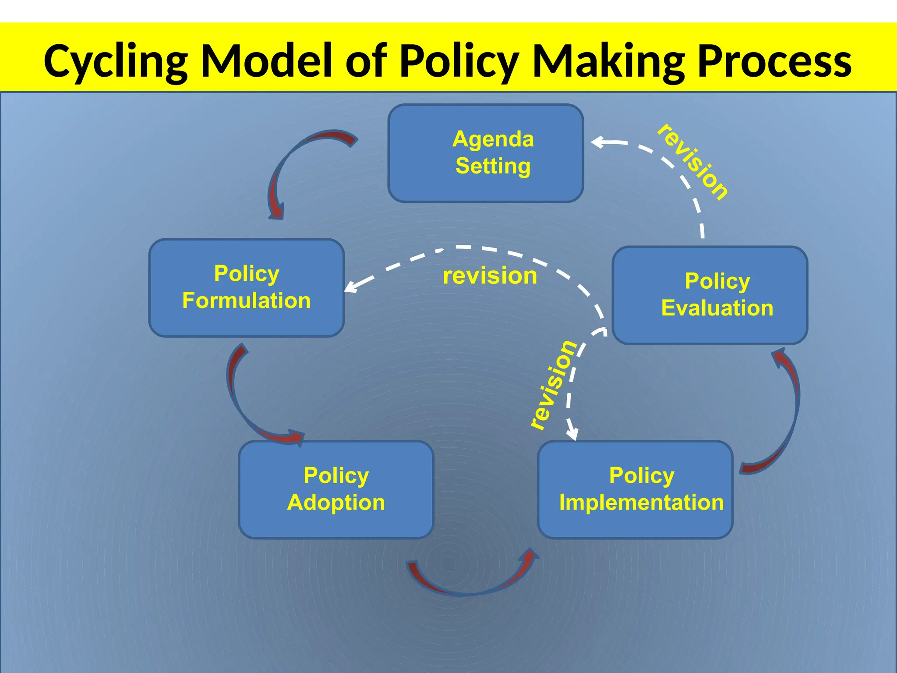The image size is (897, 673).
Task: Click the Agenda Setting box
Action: coord(485,153)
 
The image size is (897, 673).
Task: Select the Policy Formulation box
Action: coord(247,287)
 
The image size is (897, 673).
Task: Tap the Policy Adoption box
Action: coord(336,489)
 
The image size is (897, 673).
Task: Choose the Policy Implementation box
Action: coord(635,489)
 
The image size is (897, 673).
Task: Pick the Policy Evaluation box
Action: coord(710,295)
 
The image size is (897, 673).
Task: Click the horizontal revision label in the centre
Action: coord(490,276)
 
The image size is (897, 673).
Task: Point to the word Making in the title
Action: coord(609,61)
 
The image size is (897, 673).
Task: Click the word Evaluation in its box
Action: coord(717,308)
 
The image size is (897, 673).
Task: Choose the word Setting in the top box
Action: coord(493,166)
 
